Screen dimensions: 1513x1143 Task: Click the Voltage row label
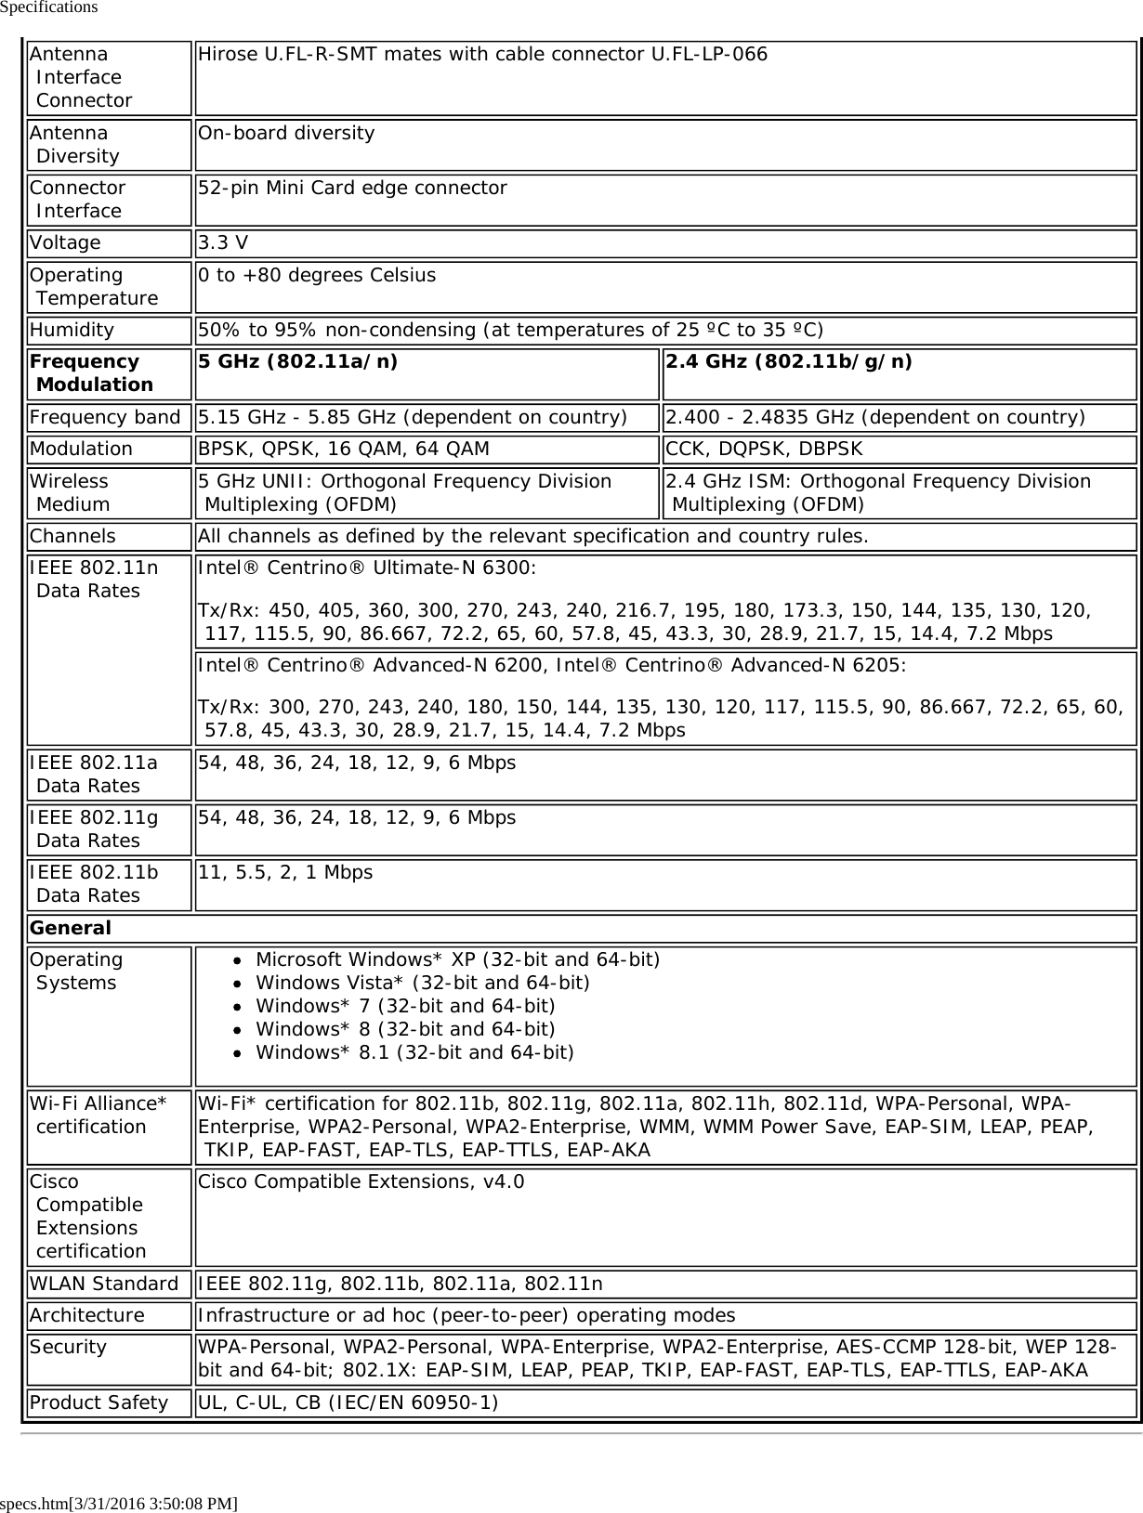tap(65, 243)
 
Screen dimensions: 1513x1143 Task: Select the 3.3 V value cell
tap(223, 243)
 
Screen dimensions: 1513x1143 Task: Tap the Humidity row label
tap(72, 331)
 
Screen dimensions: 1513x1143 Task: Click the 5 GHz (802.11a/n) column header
tap(297, 362)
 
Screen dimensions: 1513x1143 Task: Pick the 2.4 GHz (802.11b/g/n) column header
tap(788, 362)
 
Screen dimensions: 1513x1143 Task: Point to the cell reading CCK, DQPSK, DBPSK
tap(764, 450)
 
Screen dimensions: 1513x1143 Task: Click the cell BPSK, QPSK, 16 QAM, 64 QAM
tap(343, 450)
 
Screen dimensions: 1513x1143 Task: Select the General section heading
tap(71, 928)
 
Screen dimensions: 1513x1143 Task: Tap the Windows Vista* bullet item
tap(423, 983)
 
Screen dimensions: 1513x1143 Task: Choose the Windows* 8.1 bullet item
tap(414, 1052)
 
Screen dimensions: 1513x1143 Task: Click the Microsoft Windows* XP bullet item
tap(457, 959)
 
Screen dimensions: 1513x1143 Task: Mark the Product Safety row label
tap(99, 1402)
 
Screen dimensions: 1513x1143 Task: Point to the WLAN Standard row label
tap(104, 1284)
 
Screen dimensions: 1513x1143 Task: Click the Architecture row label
tap(87, 1315)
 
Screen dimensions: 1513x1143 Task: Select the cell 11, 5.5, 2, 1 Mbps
tap(285, 873)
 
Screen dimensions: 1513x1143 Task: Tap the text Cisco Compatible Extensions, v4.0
tap(361, 1182)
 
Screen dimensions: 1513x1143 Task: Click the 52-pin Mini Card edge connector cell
tap(352, 189)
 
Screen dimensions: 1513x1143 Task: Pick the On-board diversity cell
tap(286, 133)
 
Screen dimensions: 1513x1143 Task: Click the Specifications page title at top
tap(49, 7)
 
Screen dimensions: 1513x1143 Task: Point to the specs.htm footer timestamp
tap(119, 1503)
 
